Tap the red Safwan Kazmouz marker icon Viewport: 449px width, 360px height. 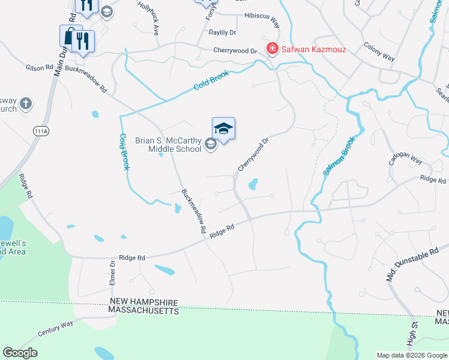pos(272,48)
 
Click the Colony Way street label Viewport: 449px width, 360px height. pos(379,52)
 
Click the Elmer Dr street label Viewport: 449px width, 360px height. pos(112,272)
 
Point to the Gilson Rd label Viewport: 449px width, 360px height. pos(40,68)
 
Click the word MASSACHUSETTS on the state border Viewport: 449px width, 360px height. pos(143,311)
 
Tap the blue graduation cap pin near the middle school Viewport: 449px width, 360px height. pos(223,129)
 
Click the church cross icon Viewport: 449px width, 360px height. pos(26,104)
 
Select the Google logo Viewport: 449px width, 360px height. pos(20,353)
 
